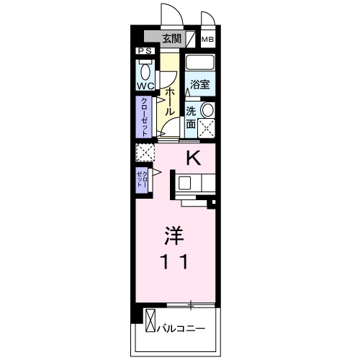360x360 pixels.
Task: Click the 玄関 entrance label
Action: tap(171, 39)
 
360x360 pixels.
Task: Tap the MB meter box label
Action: tap(207, 40)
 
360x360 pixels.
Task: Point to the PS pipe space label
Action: tap(145, 52)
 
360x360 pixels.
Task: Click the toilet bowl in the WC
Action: tap(146, 71)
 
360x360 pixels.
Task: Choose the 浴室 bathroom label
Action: tap(199, 85)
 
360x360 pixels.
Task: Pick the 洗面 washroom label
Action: tap(192, 117)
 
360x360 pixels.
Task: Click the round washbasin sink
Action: tap(207, 109)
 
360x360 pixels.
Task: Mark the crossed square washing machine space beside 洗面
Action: tap(207, 130)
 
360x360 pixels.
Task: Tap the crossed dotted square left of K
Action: tap(145, 153)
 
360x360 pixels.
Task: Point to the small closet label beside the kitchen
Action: tap(143, 179)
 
